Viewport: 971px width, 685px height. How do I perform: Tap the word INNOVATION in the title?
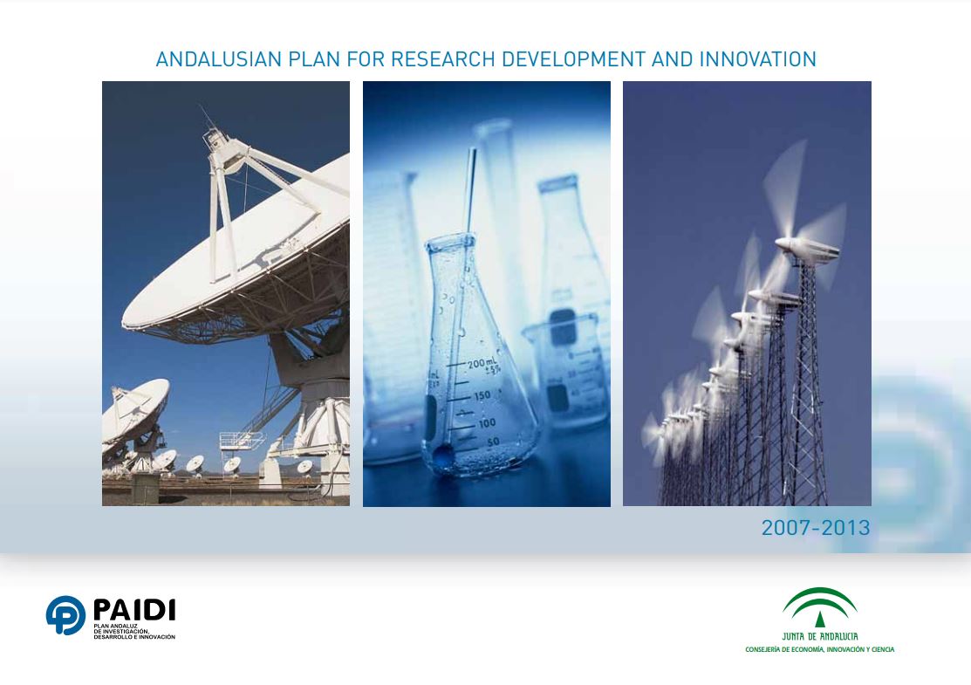click(x=758, y=59)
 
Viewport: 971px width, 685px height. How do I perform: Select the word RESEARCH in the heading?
click(x=443, y=59)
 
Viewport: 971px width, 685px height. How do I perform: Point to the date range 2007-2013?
click(x=816, y=528)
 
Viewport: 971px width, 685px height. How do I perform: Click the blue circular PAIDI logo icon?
click(x=65, y=615)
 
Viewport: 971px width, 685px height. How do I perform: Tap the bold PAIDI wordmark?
click(x=134, y=610)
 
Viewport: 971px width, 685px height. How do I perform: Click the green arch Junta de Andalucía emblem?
click(x=820, y=607)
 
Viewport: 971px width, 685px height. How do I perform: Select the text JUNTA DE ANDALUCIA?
click(x=820, y=636)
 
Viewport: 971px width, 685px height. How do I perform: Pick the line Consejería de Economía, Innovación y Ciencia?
click(x=820, y=650)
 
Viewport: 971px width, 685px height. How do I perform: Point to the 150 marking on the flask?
click(x=482, y=395)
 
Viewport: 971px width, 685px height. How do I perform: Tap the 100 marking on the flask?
click(x=487, y=423)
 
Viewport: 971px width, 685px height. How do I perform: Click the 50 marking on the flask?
click(x=493, y=442)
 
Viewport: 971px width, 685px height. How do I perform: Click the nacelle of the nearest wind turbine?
click(x=807, y=250)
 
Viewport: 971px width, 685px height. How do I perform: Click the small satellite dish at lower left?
click(x=135, y=409)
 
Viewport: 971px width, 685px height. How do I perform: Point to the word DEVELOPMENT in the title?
click(x=573, y=59)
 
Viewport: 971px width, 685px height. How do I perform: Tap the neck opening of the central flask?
click(x=450, y=240)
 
